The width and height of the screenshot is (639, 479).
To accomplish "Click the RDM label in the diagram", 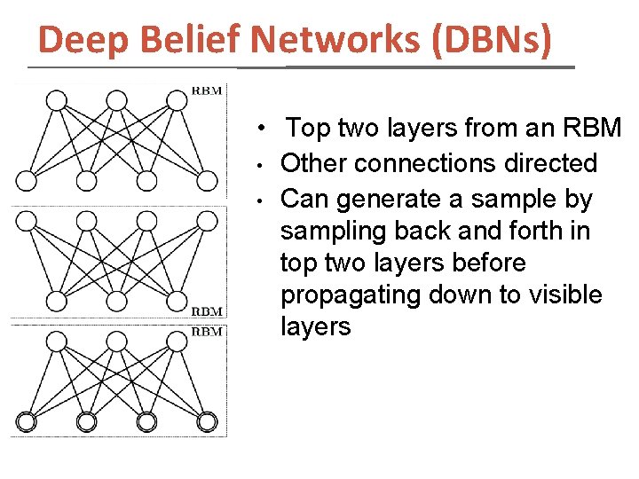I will click(x=208, y=312).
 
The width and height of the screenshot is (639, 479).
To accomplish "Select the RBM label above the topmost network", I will click(x=208, y=90).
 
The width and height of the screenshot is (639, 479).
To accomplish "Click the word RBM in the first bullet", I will click(x=592, y=129).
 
